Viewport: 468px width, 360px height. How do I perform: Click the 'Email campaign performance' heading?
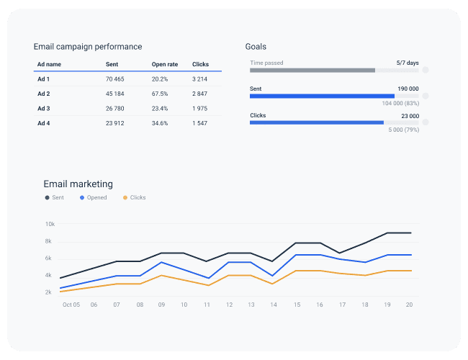[88, 47]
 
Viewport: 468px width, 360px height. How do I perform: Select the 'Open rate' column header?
[164, 64]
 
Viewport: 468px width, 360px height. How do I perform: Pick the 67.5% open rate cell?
[160, 94]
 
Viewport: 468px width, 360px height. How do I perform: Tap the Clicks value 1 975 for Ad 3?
[199, 109]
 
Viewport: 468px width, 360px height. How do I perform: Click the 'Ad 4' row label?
[44, 124]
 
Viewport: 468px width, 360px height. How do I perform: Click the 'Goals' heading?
[256, 47]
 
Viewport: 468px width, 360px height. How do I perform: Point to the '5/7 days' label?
[408, 63]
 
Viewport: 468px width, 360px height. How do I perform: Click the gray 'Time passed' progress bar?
[312, 71]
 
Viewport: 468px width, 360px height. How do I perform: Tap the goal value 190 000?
[408, 89]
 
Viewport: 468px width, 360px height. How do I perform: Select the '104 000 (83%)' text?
[400, 104]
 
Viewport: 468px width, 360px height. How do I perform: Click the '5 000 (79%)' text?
[403, 130]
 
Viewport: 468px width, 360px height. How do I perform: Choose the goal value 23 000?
[410, 115]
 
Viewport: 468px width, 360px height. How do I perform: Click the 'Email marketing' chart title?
[78, 184]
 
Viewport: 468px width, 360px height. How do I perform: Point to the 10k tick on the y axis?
[49, 224]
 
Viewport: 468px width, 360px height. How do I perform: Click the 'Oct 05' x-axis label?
[70, 305]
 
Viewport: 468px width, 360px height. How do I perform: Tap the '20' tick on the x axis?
[408, 305]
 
